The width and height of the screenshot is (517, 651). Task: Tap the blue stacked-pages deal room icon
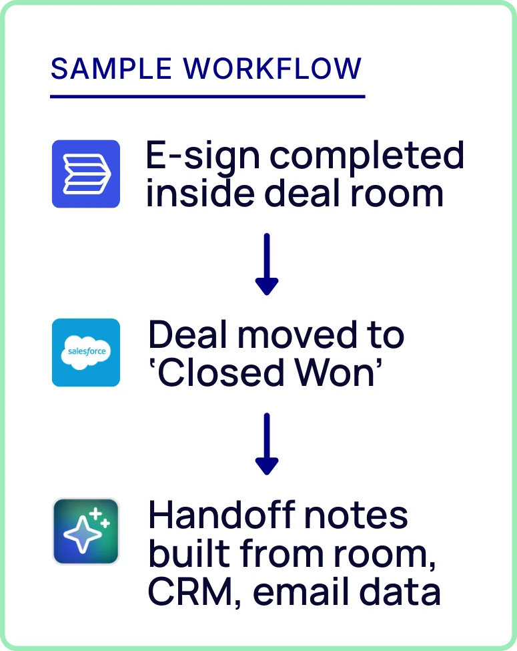point(86,174)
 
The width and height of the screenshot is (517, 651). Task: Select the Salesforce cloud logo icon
point(86,352)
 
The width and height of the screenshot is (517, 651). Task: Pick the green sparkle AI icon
point(86,531)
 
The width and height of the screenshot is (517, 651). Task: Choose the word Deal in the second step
point(188,336)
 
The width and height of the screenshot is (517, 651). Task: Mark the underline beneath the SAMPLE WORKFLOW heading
point(207,97)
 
